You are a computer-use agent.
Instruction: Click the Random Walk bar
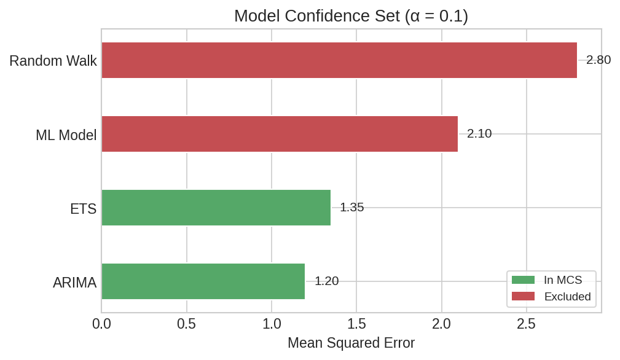[339, 60]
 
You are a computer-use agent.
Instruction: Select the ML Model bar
[280, 134]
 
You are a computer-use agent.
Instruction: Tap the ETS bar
[216, 208]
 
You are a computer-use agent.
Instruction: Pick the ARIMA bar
[203, 281]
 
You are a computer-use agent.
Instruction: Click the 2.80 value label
[598, 60]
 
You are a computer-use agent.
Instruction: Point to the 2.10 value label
[479, 133]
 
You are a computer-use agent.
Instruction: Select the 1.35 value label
[351, 207]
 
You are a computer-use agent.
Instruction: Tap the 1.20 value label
[326, 281]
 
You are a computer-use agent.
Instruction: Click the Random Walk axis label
[53, 61]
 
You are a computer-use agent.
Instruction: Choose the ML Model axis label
[66, 135]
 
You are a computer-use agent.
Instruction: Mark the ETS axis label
[83, 209]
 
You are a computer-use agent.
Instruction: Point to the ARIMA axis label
[74, 283]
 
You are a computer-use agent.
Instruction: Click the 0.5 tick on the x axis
[186, 324]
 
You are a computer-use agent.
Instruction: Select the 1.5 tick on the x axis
[356, 324]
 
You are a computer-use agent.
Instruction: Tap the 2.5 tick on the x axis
[526, 324]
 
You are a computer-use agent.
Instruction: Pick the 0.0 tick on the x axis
[101, 324]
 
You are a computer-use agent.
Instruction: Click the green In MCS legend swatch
[523, 280]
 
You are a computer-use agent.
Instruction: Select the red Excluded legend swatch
[523, 296]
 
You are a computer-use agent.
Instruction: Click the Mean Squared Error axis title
[351, 343]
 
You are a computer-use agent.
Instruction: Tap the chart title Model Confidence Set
[351, 15]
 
